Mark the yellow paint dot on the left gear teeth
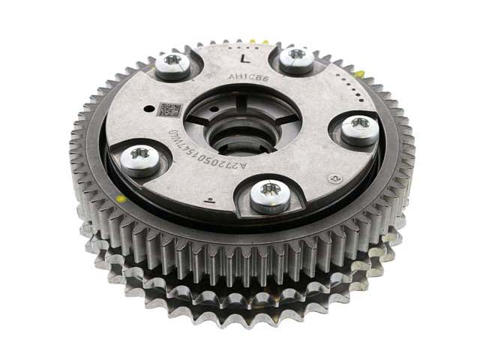tap(119, 200)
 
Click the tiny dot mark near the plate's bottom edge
tap(212, 199)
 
